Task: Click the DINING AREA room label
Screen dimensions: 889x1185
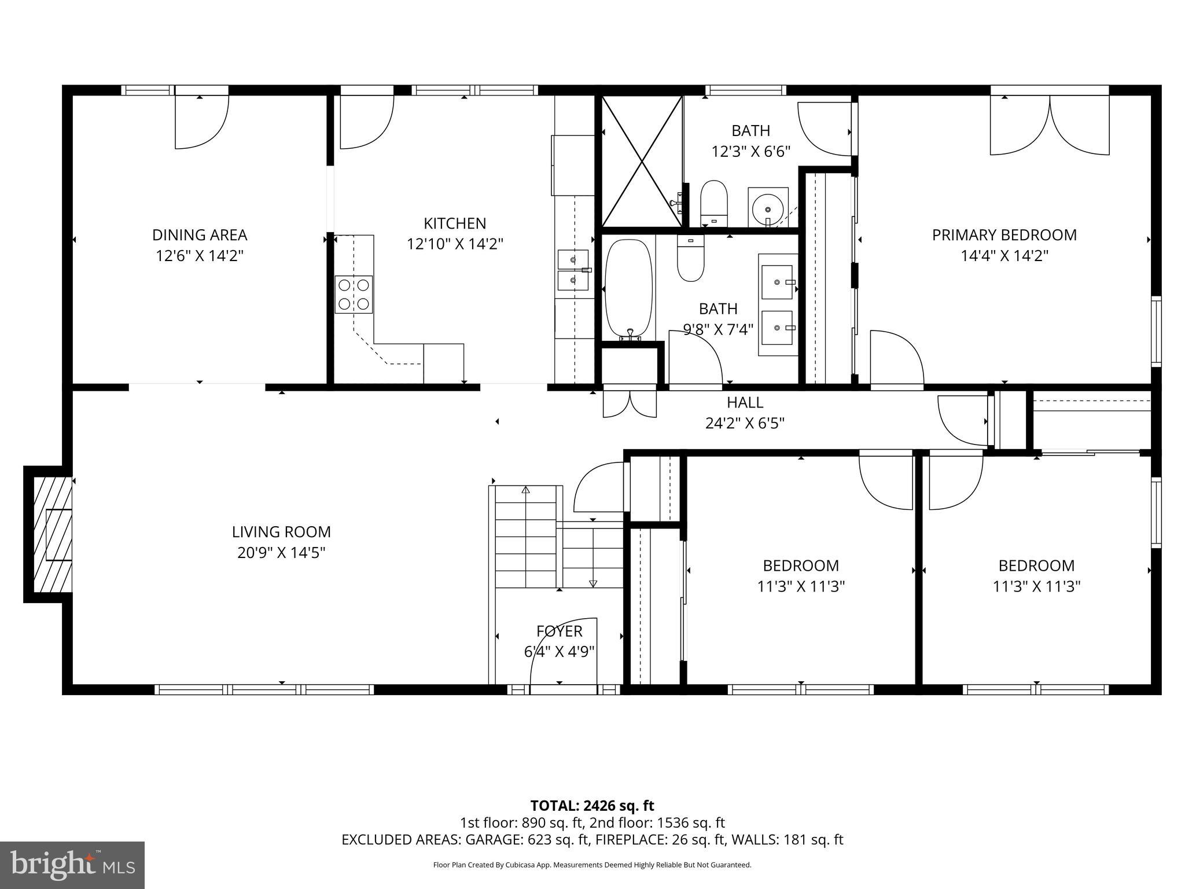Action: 200,235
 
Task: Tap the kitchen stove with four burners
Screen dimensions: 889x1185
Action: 354,295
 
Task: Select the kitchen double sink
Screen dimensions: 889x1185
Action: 573,270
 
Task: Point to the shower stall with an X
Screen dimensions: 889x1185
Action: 642,161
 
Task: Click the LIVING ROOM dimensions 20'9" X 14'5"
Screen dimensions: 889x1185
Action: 281,553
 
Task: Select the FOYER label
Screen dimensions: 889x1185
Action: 559,631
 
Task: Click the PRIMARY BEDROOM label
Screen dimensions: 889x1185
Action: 1004,235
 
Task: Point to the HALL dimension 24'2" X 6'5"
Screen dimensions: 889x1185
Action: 745,423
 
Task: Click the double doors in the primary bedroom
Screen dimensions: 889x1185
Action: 1050,124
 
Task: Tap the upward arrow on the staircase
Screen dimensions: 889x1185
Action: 525,490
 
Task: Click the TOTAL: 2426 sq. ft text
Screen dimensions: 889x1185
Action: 592,805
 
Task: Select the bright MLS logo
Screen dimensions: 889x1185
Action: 72,865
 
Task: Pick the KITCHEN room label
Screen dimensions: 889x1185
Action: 455,223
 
